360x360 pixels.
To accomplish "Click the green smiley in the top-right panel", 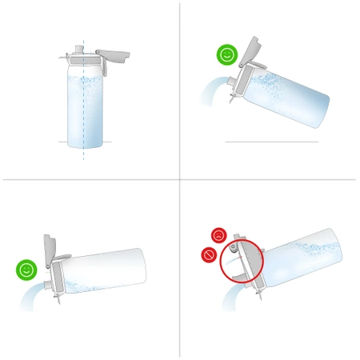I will click(226, 55).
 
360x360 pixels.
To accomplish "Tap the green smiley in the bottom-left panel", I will click(26, 270).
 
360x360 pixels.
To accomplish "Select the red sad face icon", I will click(218, 235).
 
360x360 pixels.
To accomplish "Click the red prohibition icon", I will click(208, 255).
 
